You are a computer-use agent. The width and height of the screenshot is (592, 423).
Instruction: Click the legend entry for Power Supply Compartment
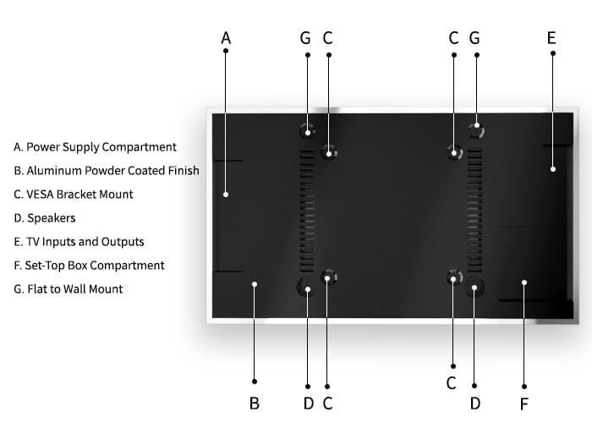95,147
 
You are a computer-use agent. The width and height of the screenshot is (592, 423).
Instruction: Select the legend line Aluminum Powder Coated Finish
107,171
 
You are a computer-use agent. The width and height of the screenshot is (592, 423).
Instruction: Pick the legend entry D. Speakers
44,218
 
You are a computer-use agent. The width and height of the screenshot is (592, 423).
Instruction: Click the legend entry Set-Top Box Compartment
89,266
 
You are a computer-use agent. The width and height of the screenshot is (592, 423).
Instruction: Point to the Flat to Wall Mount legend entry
69,289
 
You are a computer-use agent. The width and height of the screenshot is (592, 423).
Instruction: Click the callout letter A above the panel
226,38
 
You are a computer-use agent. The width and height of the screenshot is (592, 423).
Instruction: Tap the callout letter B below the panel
254,404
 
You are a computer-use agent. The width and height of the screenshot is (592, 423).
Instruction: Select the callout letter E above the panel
551,38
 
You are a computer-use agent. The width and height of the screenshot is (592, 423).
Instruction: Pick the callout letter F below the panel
524,404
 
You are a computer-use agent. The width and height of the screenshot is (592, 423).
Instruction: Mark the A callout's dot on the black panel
226,195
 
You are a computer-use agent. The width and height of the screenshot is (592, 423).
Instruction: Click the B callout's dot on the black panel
255,284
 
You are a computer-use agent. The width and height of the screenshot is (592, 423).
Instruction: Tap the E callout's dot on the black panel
552,169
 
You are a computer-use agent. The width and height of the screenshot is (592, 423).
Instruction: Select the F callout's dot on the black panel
524,283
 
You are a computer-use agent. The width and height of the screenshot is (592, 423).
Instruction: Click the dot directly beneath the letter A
226,52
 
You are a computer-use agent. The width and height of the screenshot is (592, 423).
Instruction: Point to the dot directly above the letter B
255,382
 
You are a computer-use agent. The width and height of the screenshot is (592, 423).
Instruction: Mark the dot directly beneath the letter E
552,53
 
